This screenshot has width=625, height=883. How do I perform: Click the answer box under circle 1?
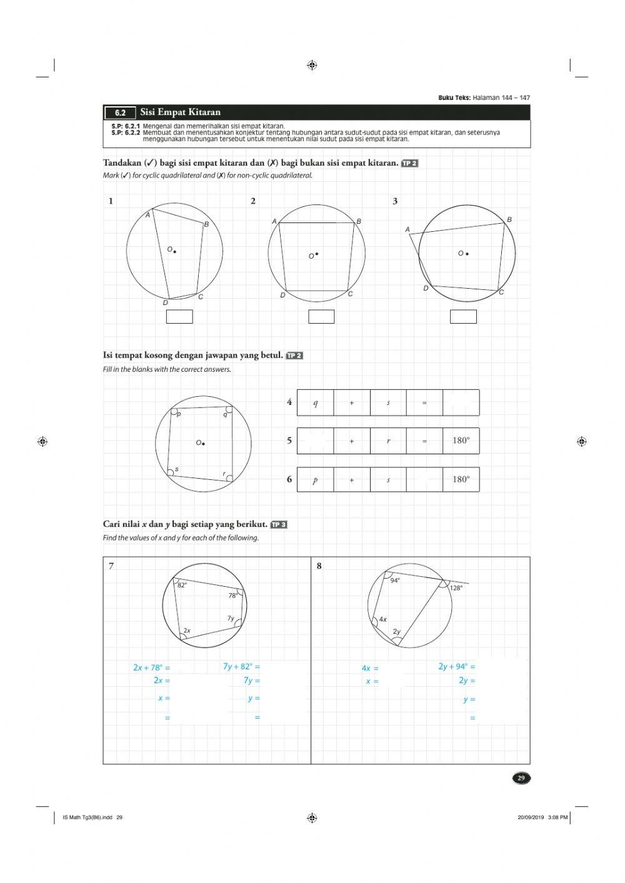point(179,317)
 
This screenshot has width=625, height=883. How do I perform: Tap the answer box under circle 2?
point(321,317)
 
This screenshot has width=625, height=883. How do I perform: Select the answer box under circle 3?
point(463,317)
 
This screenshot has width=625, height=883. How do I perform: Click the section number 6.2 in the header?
point(120,113)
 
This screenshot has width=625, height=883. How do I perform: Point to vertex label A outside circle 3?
point(407,229)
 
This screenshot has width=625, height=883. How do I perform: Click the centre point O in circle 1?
point(174,251)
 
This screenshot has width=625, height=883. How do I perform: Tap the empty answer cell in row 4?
point(461,403)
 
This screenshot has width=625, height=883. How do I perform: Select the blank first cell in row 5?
point(315,441)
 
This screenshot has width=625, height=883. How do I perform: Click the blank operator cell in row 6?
point(424,480)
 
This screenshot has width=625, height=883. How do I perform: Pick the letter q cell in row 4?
point(315,403)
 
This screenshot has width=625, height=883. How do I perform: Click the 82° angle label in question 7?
point(182,586)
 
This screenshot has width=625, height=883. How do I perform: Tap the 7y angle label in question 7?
point(231,618)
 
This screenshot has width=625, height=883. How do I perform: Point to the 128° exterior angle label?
point(456,588)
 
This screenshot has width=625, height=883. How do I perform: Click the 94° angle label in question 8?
point(395,581)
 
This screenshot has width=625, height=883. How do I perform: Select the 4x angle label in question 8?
point(383,619)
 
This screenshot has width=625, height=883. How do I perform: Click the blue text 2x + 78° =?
point(151,667)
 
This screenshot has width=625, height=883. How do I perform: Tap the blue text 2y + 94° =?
point(456,667)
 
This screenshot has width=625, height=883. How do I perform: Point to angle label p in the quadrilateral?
point(179,414)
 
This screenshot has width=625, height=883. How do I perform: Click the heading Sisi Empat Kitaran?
point(180,112)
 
